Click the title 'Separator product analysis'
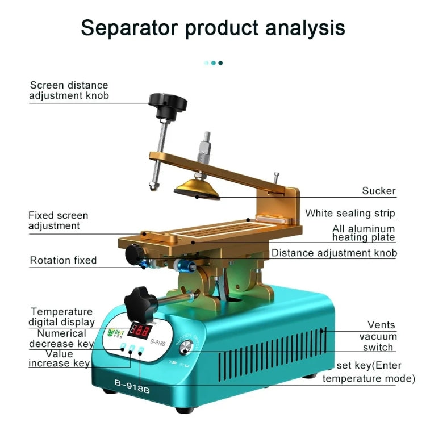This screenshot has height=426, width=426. [x=212, y=27]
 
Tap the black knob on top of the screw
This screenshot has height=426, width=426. [x=168, y=104]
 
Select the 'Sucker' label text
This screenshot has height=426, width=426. [x=379, y=191]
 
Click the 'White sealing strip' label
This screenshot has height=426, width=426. [x=350, y=214]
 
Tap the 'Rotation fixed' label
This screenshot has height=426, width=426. [x=63, y=260]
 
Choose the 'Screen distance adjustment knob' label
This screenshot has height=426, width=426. [x=69, y=90]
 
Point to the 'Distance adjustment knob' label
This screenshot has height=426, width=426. [x=334, y=253]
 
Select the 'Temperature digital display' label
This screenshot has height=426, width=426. [x=62, y=317]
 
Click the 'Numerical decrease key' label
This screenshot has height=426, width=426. [x=61, y=339]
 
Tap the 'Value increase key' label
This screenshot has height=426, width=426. [x=60, y=358]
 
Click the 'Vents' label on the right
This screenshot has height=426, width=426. [x=381, y=325]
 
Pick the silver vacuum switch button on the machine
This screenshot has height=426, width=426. [x=186, y=352]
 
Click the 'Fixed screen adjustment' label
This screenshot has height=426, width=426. [x=59, y=220]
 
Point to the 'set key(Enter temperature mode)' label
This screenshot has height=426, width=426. [x=367, y=371]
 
